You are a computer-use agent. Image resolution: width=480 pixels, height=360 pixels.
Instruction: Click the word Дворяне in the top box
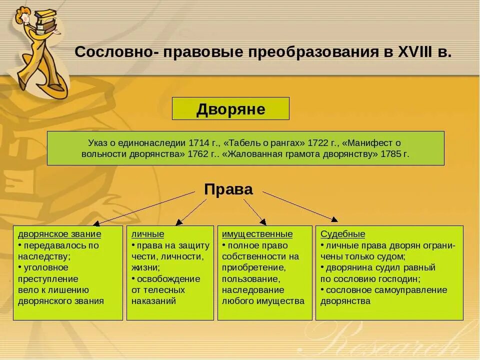(230, 109)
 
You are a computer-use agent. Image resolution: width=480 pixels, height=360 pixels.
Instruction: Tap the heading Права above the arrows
(228, 189)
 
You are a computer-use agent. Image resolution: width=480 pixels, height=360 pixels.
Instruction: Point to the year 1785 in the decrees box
(391, 154)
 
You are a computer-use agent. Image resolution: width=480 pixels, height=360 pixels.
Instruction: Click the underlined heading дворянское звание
(59, 234)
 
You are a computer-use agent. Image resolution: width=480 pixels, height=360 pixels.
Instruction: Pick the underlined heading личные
(147, 234)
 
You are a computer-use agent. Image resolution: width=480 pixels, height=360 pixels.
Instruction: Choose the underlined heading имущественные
(257, 234)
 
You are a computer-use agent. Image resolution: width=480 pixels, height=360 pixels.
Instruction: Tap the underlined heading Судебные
(342, 234)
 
